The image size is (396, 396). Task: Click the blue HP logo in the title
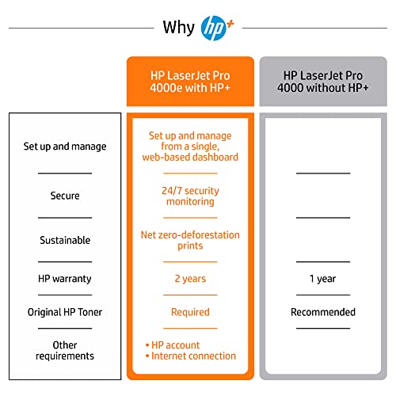213,28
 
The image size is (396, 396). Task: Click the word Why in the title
179,28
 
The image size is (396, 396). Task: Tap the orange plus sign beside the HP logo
230,24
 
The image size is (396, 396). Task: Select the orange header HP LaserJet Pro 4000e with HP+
190,82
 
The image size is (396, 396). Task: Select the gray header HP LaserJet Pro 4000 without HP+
323,82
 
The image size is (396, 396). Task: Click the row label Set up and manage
65,147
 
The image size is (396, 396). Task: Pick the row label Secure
65,196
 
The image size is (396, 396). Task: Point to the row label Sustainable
65,240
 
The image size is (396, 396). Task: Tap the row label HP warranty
65,279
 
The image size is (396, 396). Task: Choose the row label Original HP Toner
65,312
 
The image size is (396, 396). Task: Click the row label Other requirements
65,351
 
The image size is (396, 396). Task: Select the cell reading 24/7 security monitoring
190,196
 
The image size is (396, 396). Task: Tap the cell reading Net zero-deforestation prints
190,240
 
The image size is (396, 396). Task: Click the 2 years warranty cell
190,279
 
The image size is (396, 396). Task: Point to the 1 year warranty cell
323,279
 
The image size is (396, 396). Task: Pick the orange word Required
190,312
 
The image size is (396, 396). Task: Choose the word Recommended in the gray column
323,312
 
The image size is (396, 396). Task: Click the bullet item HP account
173,345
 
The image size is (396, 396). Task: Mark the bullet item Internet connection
191,356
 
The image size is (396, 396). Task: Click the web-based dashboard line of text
190,157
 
